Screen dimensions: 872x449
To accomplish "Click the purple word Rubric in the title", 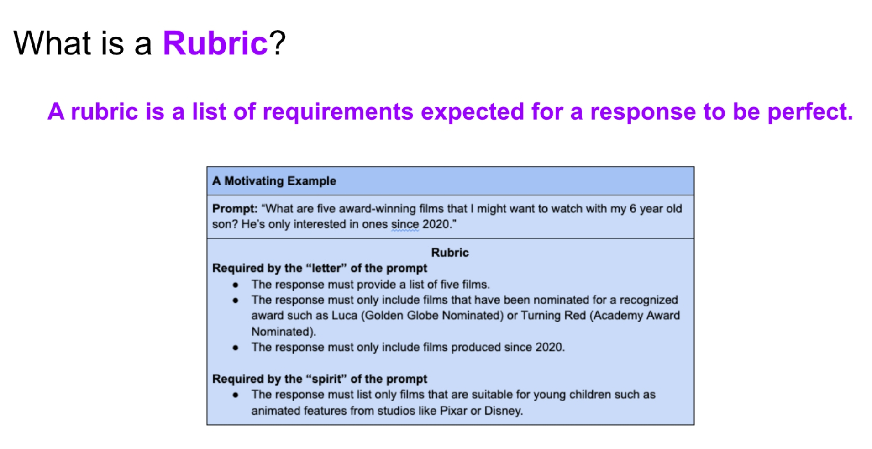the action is tap(215, 43).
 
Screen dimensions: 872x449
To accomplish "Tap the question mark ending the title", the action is tap(277, 43).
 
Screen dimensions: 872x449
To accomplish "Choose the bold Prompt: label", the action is tap(235, 209).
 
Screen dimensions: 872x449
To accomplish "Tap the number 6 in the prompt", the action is tap(633, 209).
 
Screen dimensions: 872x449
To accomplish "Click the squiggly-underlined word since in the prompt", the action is tap(405, 224).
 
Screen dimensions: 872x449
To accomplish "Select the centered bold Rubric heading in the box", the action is tap(450, 253).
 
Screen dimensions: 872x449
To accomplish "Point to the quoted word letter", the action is tap(326, 268).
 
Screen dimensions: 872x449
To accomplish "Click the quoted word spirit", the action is tap(326, 379).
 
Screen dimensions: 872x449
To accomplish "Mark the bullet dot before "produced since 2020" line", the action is tap(236, 348).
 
